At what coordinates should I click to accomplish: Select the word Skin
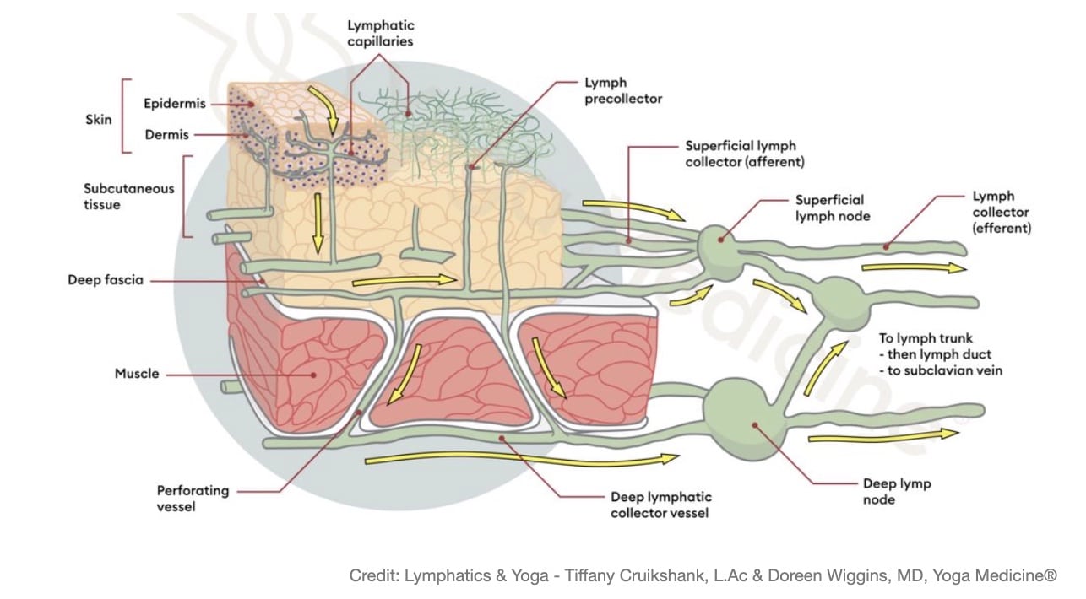(98, 120)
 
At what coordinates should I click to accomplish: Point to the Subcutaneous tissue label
(128, 196)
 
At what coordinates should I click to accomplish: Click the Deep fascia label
(106, 279)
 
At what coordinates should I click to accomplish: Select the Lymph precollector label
(623, 91)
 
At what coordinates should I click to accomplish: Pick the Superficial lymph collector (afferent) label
(744, 154)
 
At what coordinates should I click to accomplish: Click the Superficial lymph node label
(830, 208)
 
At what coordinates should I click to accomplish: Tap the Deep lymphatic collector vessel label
(660, 505)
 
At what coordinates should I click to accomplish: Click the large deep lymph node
(744, 418)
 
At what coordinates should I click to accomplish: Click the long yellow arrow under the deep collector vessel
(524, 458)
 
